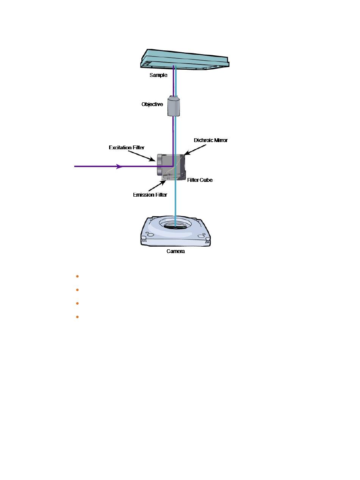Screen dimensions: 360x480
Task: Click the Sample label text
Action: point(158,75)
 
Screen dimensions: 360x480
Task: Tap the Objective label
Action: point(152,104)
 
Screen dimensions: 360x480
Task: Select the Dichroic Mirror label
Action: point(211,140)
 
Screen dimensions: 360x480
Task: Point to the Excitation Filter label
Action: point(127,148)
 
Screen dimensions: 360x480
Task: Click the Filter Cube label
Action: point(200,180)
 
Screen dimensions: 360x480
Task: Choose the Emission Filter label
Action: point(150,195)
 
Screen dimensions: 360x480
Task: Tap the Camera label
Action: point(175,251)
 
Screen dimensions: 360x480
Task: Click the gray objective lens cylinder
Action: point(174,106)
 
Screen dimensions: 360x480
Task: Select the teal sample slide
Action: point(185,59)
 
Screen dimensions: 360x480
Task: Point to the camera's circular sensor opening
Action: point(175,224)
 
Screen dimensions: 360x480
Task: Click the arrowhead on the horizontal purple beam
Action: point(119,166)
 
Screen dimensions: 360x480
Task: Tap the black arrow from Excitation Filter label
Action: point(142,156)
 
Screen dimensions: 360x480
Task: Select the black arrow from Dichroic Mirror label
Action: point(195,150)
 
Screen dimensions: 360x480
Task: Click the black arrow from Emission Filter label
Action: point(157,186)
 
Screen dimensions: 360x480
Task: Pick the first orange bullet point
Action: point(77,277)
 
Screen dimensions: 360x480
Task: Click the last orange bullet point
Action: point(77,317)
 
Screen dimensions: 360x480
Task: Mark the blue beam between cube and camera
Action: point(175,203)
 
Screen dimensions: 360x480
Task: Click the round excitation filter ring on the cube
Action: point(160,164)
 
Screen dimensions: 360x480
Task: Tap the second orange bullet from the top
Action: point(77,290)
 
